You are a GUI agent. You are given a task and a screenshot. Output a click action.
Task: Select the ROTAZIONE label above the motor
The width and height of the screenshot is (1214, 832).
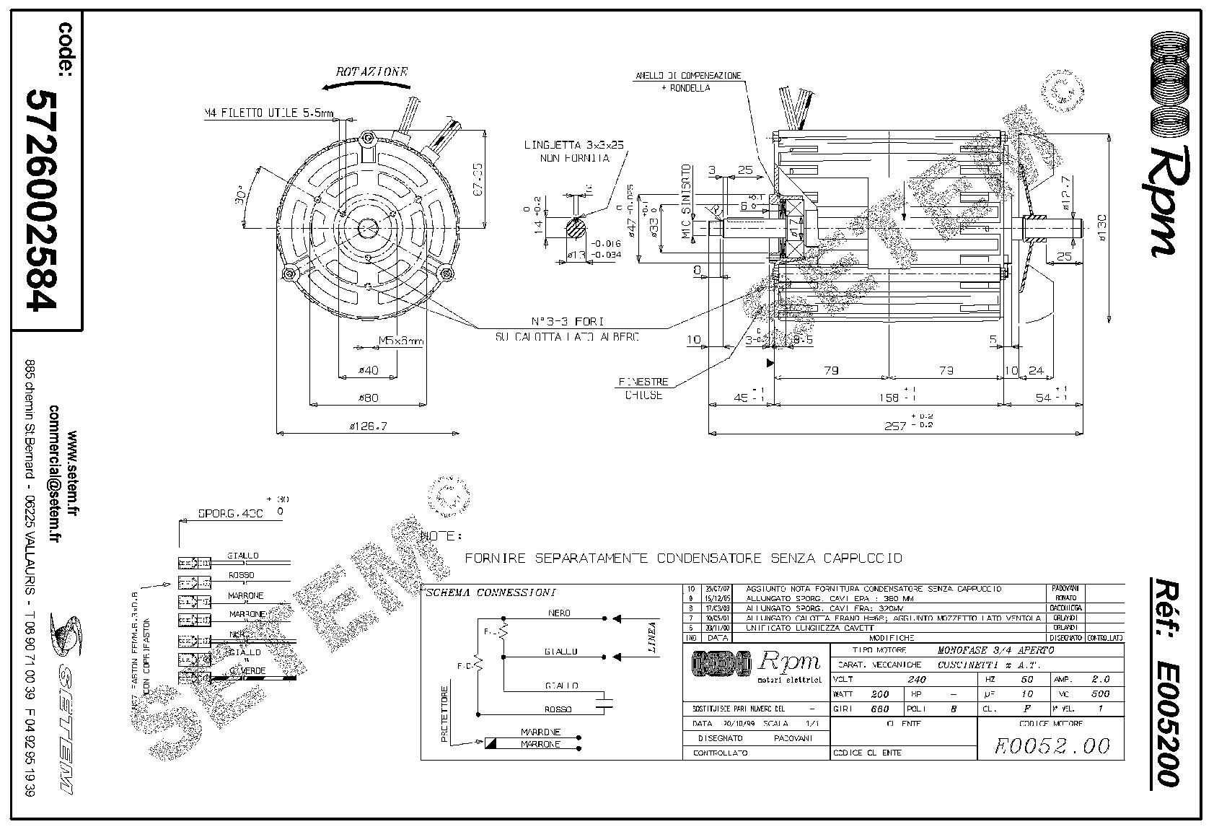371,72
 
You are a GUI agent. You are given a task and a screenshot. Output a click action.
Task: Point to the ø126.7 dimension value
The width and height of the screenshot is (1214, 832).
369,426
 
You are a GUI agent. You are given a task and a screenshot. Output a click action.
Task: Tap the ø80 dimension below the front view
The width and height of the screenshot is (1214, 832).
368,398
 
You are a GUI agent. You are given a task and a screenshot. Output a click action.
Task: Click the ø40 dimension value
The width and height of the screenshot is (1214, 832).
368,371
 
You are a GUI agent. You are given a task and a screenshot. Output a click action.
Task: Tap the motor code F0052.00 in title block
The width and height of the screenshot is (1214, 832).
1052,745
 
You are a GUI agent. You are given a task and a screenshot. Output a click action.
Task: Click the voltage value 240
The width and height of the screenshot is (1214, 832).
916,679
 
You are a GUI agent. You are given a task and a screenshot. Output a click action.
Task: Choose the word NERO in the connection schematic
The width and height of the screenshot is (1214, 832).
560,613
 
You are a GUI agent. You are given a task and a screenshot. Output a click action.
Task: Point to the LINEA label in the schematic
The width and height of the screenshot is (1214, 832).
652,637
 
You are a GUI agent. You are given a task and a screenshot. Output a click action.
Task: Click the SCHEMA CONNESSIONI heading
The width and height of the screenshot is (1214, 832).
491,593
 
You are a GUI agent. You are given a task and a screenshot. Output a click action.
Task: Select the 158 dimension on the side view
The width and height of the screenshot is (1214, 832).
891,398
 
